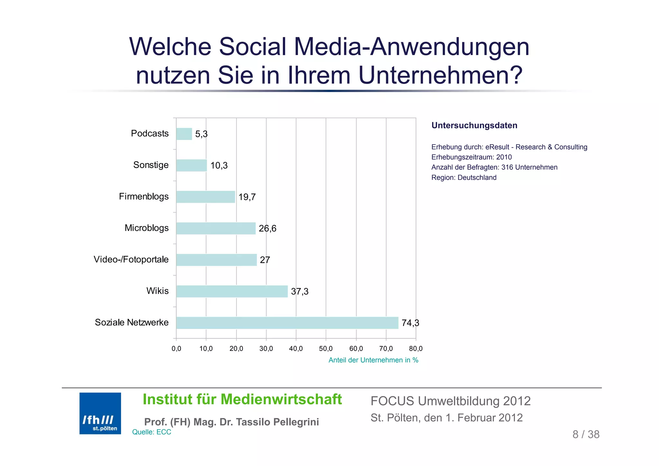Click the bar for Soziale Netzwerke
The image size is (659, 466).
(287, 323)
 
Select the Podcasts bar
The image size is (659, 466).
(184, 134)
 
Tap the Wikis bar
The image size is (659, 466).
(232, 291)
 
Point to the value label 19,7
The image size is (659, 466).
(247, 197)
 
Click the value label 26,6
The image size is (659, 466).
(267, 228)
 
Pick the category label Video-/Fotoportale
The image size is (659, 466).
(131, 259)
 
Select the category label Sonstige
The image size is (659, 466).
(151, 165)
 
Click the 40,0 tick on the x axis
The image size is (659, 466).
(296, 349)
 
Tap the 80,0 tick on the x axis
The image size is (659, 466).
(416, 349)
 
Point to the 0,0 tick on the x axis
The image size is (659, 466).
(176, 349)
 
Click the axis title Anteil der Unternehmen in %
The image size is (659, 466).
(373, 360)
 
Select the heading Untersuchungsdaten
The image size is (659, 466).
(474, 126)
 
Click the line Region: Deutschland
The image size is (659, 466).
(464, 178)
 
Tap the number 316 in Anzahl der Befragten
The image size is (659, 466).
(507, 167)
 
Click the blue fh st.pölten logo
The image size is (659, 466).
(100, 413)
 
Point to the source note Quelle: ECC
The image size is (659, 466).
(152, 432)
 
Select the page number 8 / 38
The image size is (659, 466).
(586, 434)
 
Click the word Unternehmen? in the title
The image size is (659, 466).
(441, 75)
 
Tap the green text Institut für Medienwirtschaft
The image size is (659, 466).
(242, 399)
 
